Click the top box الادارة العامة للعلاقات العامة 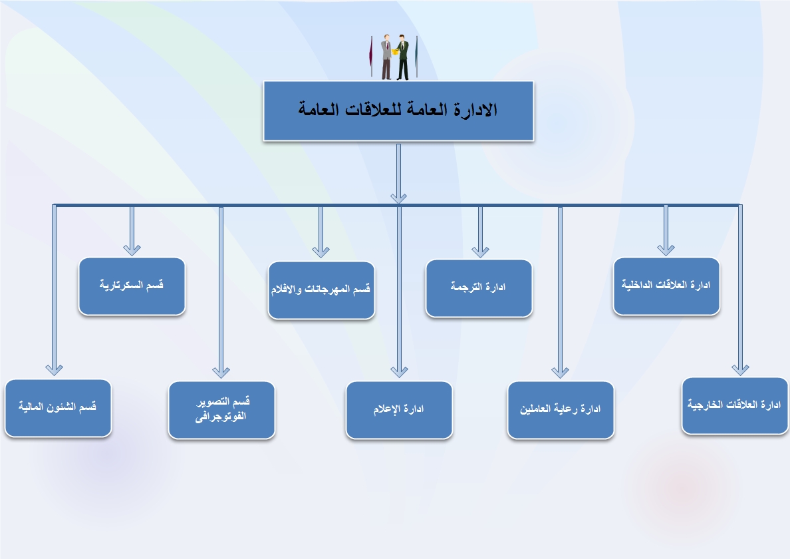398,111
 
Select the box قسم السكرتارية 132,286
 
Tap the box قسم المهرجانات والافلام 321,290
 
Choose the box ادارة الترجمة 479,288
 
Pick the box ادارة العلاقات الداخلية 666,286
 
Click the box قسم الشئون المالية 58,408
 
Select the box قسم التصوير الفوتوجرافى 221,410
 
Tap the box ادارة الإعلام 399,410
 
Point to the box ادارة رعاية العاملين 561,410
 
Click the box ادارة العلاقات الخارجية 735,406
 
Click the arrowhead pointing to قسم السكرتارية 132,250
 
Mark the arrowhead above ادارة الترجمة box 480,252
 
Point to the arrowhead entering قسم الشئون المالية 54,370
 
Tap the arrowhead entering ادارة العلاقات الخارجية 740,370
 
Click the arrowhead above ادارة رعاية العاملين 561,372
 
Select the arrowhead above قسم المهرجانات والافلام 321,252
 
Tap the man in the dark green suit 402,57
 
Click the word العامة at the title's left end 318,109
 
